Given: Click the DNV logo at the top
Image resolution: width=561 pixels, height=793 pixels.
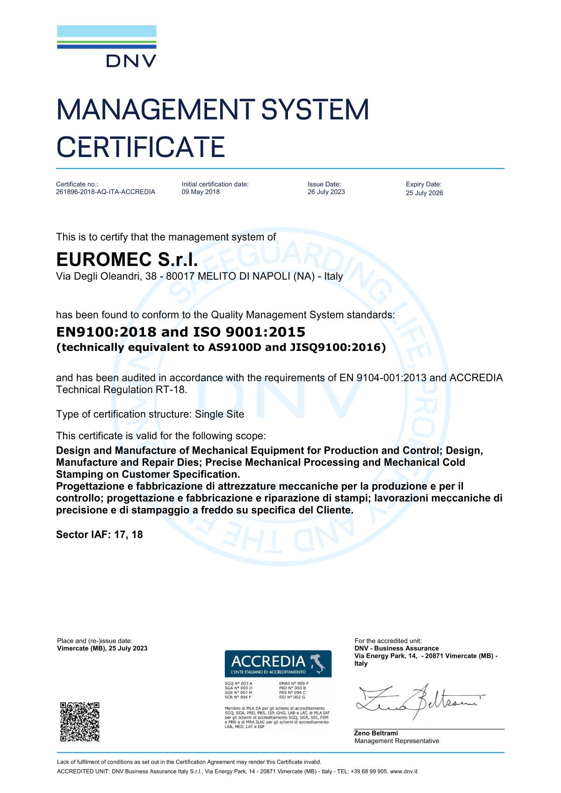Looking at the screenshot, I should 107,47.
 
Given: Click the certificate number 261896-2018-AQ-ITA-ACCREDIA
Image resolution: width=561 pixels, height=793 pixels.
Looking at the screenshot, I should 105,192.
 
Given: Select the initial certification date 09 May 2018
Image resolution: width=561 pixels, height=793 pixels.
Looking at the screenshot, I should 201,192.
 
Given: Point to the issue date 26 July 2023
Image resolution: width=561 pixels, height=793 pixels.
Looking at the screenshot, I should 326,192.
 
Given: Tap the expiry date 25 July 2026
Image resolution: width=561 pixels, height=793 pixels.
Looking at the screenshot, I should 424,193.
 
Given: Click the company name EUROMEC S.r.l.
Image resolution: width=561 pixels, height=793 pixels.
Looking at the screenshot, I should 124,259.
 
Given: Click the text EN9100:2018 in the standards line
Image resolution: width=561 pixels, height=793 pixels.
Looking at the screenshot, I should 106,332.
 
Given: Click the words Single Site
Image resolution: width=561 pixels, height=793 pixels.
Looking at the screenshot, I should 219,414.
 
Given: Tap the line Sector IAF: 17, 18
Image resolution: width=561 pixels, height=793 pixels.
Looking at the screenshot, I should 99,534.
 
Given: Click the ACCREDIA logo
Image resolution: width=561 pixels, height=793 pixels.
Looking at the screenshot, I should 278,664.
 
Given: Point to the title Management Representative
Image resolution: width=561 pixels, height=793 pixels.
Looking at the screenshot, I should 397,741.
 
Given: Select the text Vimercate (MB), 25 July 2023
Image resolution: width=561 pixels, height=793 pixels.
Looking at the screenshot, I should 102,648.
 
